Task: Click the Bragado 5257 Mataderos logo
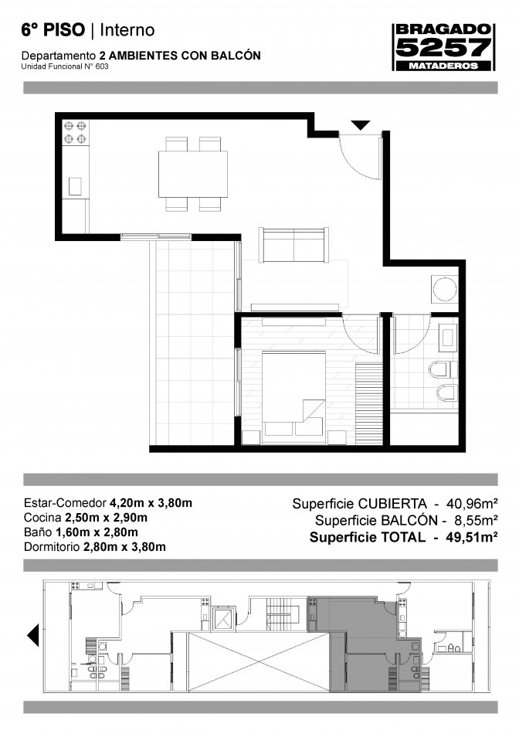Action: click(443, 47)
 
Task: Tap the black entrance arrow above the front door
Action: click(361, 125)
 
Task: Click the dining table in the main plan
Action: click(193, 174)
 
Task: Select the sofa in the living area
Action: click(293, 245)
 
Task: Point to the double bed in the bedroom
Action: click(293, 397)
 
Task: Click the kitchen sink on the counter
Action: click(75, 186)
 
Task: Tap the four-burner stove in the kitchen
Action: click(75, 132)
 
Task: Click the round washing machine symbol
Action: click(444, 290)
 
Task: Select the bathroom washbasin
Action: click(448, 338)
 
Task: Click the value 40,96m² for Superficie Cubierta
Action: click(471, 504)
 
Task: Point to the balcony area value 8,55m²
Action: click(476, 520)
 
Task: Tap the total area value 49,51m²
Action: click(471, 537)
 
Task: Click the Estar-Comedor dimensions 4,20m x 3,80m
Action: click(151, 503)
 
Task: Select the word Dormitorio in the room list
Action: click(52, 547)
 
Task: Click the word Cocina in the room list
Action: click(42, 518)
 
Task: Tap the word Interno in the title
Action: click(127, 30)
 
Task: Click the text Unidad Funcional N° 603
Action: click(65, 66)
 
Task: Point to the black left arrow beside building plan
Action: click(32, 636)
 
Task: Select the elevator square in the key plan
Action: click(222, 618)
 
